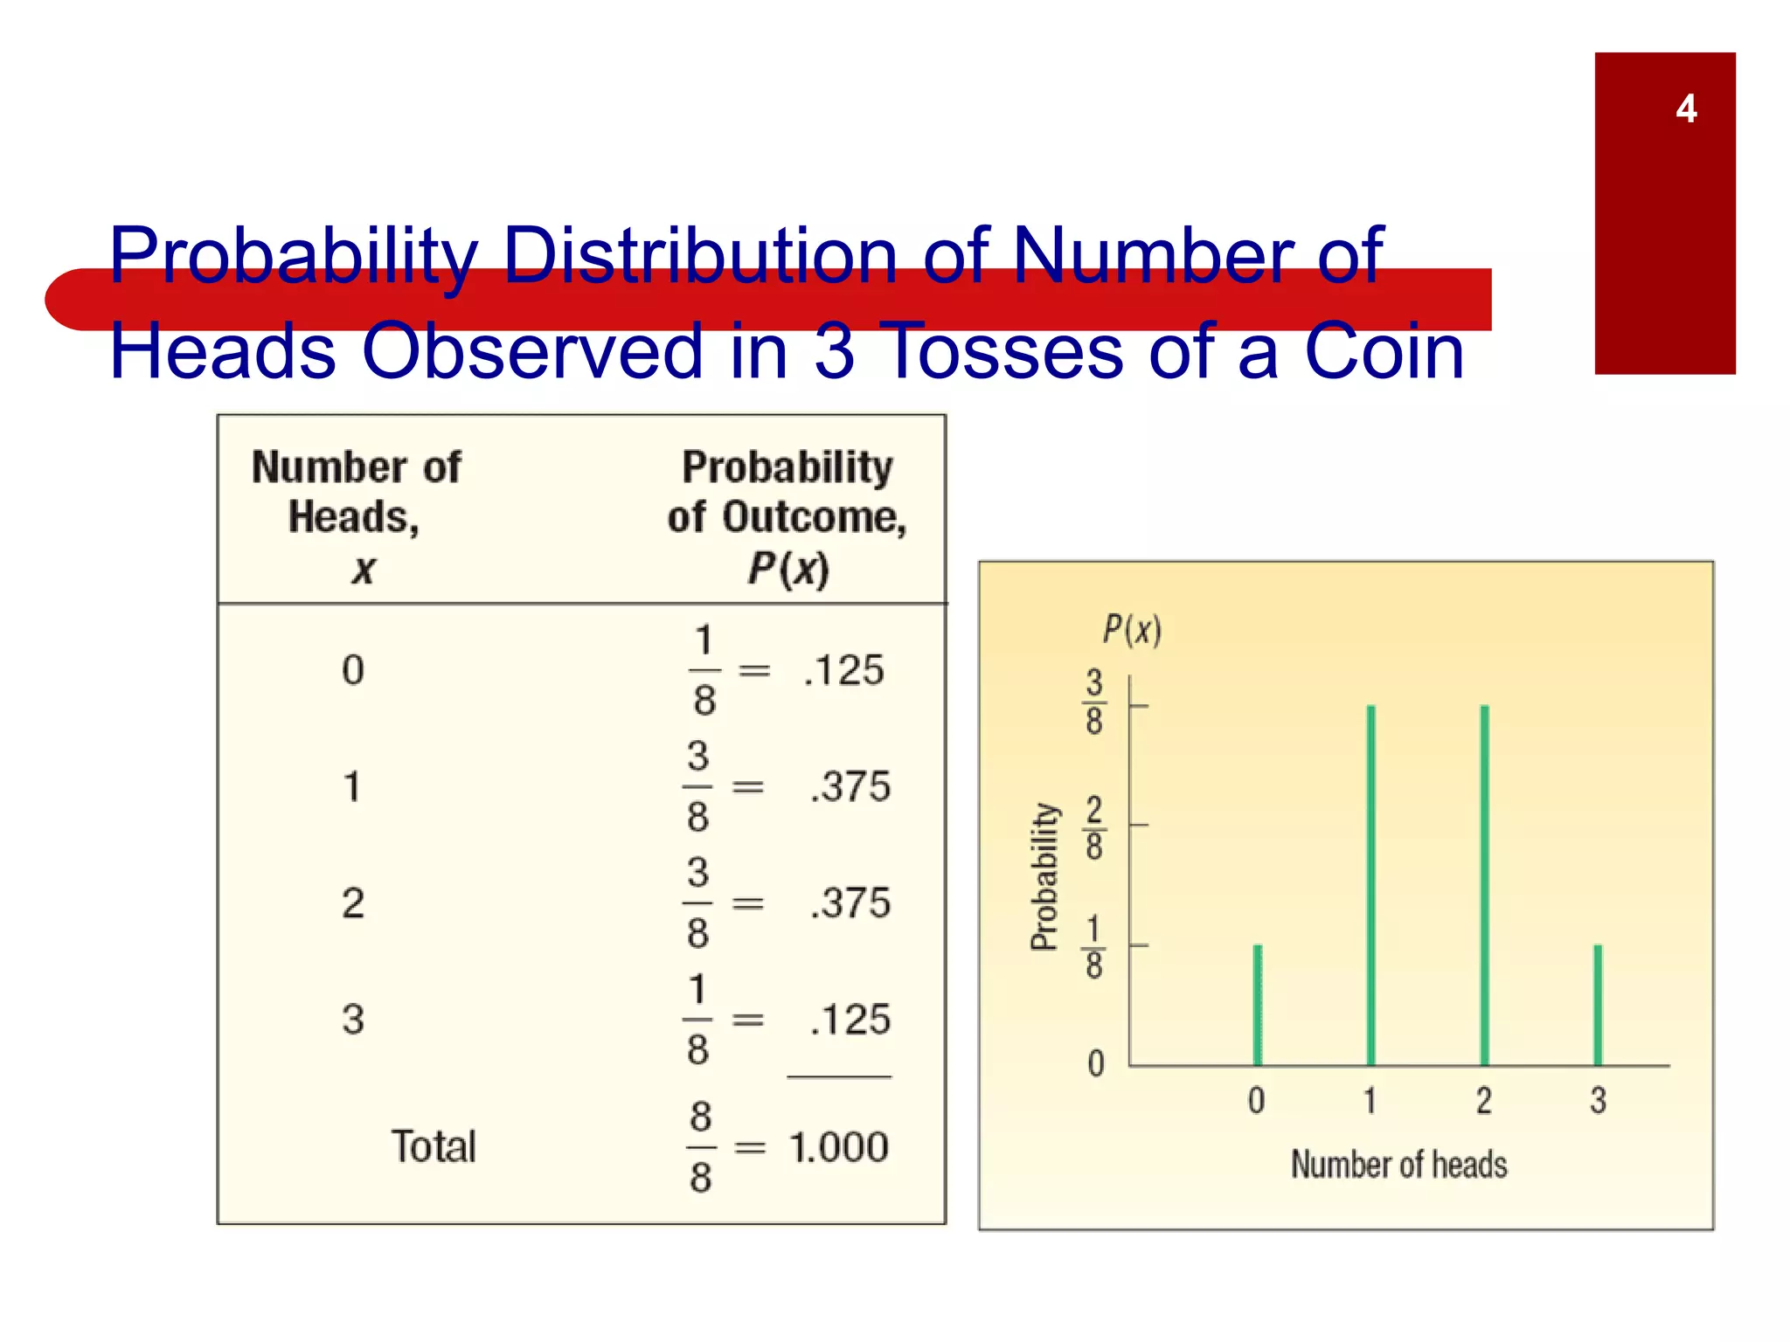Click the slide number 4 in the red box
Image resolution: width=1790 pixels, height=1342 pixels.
pos(1686,109)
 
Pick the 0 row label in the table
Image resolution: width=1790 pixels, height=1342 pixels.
pos(353,671)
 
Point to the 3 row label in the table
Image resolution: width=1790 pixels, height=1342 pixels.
pos(353,1020)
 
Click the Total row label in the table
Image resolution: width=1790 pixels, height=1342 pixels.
pos(434,1146)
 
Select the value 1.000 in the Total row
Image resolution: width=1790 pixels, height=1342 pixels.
pos(838,1147)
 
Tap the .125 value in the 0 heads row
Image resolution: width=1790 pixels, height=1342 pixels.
pos(843,671)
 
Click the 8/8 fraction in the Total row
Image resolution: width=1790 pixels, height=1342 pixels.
pos(701,1147)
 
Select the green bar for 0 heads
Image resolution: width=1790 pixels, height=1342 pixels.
pos(1258,1005)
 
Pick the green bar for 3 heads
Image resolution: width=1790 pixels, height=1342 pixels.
pos(1598,1005)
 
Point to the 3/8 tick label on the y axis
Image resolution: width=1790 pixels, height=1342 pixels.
pos(1094,702)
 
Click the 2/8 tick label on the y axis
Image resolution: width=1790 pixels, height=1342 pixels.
pos(1094,827)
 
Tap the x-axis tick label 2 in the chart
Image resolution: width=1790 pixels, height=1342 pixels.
pos(1484,1100)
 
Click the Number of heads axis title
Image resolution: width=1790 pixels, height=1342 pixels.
pos(1399,1165)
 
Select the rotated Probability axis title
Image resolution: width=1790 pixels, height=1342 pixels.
pos(1044,876)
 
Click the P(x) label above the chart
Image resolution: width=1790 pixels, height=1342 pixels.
pos(1132,629)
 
